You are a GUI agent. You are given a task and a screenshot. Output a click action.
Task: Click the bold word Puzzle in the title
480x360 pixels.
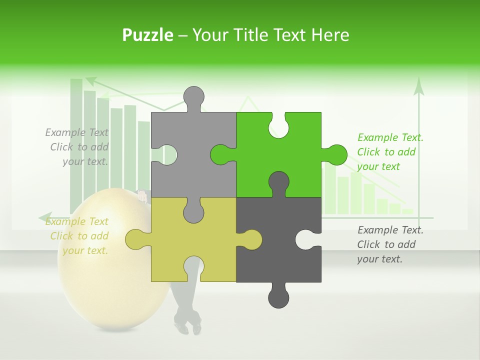[x=147, y=35]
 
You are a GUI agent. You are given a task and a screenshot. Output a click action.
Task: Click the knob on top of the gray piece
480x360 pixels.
[x=193, y=97]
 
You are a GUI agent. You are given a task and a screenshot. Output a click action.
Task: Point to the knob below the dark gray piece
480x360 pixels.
[x=278, y=296]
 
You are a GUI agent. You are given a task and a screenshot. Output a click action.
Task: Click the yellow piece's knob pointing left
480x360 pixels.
[x=136, y=239]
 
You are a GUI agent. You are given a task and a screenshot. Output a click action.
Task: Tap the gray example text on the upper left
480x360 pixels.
[x=77, y=147]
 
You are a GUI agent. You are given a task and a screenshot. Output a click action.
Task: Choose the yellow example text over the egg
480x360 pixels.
[x=77, y=236]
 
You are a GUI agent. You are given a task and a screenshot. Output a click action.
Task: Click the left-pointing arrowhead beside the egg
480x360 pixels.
[x=44, y=217]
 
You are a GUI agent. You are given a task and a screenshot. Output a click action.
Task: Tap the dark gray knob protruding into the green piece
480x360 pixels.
[x=278, y=181]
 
